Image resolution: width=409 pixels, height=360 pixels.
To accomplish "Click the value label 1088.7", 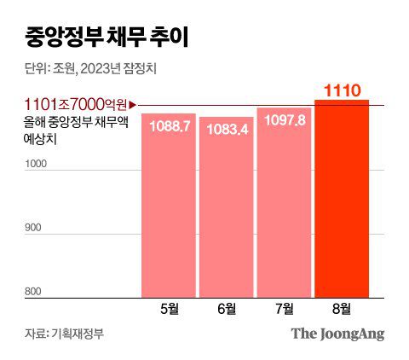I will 168,126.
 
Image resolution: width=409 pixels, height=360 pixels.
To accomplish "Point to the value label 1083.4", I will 226,130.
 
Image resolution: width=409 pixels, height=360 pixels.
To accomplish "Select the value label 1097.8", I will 284,121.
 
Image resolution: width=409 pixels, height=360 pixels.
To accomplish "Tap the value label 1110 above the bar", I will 343,89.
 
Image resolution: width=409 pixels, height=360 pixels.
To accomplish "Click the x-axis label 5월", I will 168,308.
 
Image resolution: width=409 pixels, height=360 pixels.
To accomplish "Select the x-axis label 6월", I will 226,308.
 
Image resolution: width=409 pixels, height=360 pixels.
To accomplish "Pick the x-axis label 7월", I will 284,308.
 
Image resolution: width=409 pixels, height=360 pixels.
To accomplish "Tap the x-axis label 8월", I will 343,308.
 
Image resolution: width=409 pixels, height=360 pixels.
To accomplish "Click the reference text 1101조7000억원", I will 76,105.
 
